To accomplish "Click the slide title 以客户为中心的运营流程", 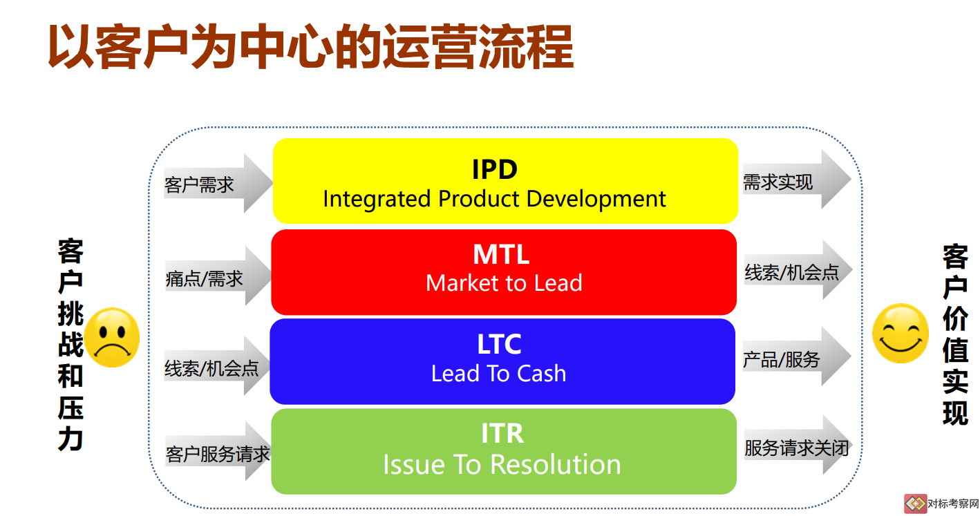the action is point(310,46).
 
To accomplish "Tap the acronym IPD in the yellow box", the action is point(495,169).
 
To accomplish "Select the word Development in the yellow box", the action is point(596,199).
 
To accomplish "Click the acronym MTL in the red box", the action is point(501,254).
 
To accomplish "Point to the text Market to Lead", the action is point(504,283).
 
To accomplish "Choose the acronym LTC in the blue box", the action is point(499,344).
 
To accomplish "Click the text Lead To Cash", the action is point(499,374).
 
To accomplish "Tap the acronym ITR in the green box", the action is point(502,433).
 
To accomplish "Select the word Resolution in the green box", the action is point(556,464).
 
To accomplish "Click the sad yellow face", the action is point(112,337).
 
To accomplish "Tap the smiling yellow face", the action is point(901,333).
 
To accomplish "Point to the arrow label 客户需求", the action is point(199,184).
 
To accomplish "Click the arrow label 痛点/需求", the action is point(204,278).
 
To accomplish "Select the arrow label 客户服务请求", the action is point(218,454).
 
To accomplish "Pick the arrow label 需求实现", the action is point(778,182).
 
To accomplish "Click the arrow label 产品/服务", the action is point(782,359).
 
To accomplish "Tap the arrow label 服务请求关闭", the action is point(797,448).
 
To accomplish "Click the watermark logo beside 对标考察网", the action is point(915,504).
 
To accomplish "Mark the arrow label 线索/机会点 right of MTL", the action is point(792,272).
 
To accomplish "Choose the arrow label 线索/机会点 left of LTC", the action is point(211,368).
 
